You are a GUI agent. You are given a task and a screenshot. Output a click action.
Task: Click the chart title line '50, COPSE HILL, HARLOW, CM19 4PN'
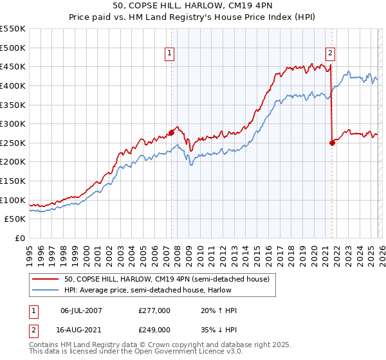click(193, 6)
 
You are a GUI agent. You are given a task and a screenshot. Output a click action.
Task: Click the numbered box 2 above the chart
click(330, 54)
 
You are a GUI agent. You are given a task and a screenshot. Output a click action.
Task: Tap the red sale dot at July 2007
click(171, 132)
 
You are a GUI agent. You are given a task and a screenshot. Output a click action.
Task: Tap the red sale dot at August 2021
click(332, 143)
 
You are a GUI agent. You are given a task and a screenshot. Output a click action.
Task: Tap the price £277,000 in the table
click(154, 310)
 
